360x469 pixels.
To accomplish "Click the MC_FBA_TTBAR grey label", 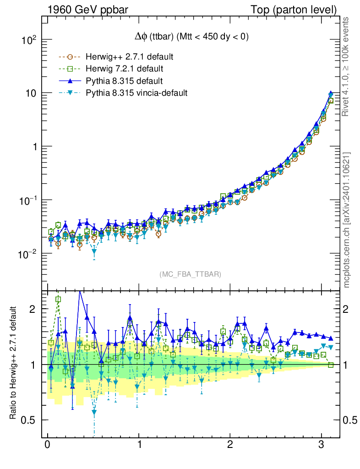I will point(191,274).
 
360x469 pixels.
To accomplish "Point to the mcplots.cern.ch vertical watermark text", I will point(347,220).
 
